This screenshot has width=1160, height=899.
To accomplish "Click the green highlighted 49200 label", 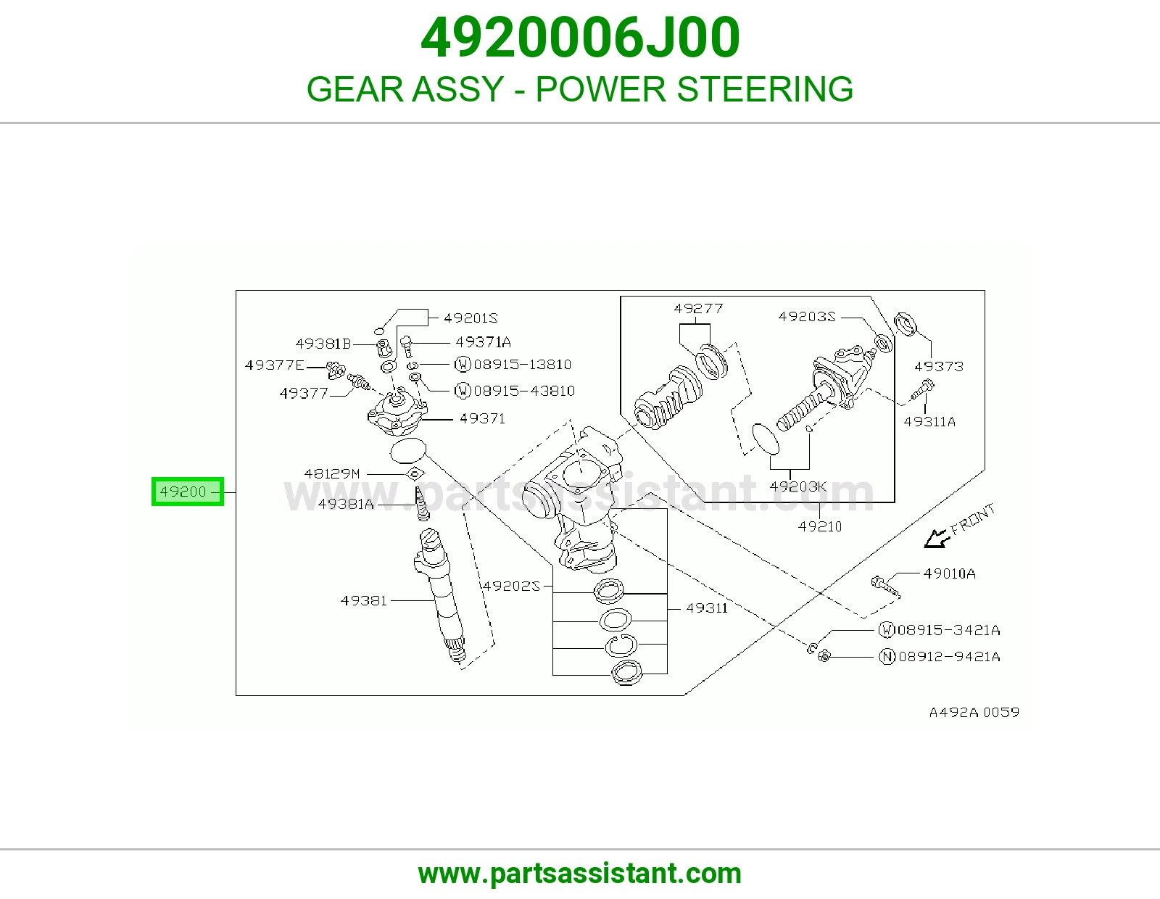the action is pyautogui.click(x=187, y=491).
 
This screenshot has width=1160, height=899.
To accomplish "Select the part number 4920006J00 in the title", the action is pyautogui.click(x=580, y=38).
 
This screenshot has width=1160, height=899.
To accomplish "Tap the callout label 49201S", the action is pyautogui.click(x=471, y=318).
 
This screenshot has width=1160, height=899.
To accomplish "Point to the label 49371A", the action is pyautogui.click(x=483, y=342).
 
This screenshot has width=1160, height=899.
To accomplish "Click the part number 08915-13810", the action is pyautogui.click(x=523, y=365).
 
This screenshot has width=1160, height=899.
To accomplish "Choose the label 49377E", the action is pyautogui.click(x=274, y=365).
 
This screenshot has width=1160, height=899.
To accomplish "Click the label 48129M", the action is pyautogui.click(x=332, y=473).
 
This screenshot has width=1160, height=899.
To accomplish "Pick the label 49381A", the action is pyautogui.click(x=346, y=504).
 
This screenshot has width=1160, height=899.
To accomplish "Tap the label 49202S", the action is pyautogui.click(x=511, y=587).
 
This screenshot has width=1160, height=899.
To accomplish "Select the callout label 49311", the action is pyautogui.click(x=707, y=608).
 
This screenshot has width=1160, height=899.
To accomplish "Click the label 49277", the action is pyautogui.click(x=698, y=309).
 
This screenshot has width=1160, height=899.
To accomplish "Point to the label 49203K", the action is pyautogui.click(x=798, y=486).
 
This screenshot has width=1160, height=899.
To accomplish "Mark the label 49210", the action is pyautogui.click(x=820, y=526).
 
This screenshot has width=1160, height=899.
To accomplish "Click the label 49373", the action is pyautogui.click(x=939, y=366).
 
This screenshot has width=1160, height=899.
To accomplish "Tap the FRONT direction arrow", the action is pyautogui.click(x=937, y=538).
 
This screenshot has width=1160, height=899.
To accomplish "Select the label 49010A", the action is pyautogui.click(x=950, y=573).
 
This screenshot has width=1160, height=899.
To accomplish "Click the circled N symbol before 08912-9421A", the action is pyautogui.click(x=887, y=657).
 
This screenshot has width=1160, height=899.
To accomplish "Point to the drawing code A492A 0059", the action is pyautogui.click(x=974, y=712).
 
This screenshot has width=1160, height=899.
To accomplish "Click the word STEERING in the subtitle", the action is pyautogui.click(x=766, y=89).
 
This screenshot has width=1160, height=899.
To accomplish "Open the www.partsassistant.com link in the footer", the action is pyautogui.click(x=580, y=874).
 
